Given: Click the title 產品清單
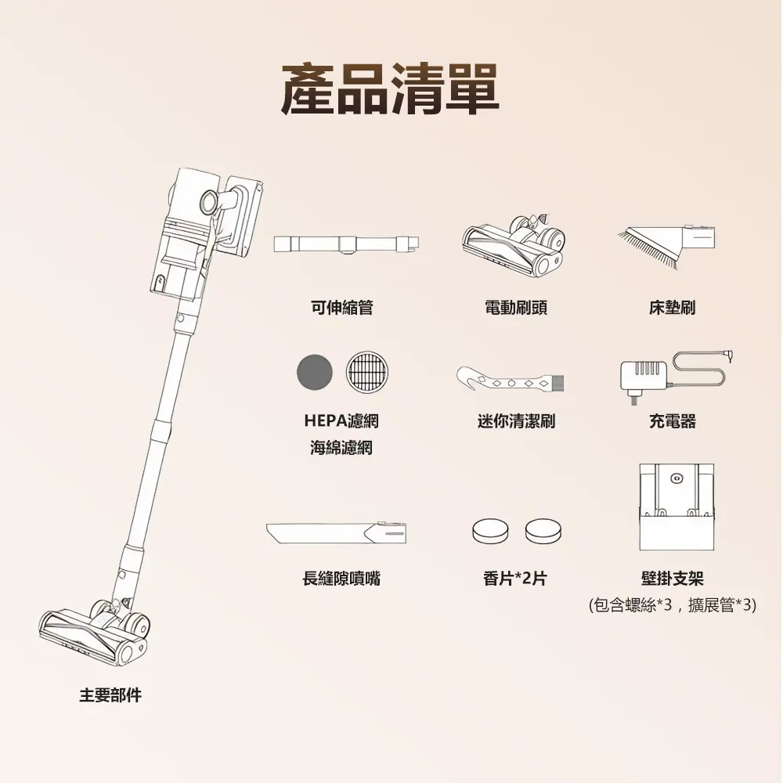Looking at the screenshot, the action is [390, 89].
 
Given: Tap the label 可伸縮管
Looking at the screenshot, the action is [341, 308].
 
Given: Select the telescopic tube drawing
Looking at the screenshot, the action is [346, 244].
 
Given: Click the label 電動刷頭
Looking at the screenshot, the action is [516, 308].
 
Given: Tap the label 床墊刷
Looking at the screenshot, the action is [672, 308].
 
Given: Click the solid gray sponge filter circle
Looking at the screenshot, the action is [315, 373].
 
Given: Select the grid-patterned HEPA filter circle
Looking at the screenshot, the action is [367, 371].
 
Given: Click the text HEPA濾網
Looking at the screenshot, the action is [341, 421].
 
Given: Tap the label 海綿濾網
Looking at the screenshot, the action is [341, 448].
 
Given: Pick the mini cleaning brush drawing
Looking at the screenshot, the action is [510, 381].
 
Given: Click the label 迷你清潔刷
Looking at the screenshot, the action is [516, 421].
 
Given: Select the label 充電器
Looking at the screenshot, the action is [672, 421].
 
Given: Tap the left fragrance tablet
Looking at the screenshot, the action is [491, 531].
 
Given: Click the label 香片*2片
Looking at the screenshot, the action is [515, 579].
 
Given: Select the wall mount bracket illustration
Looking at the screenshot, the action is [677, 507].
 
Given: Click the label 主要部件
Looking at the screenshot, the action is [110, 695].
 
